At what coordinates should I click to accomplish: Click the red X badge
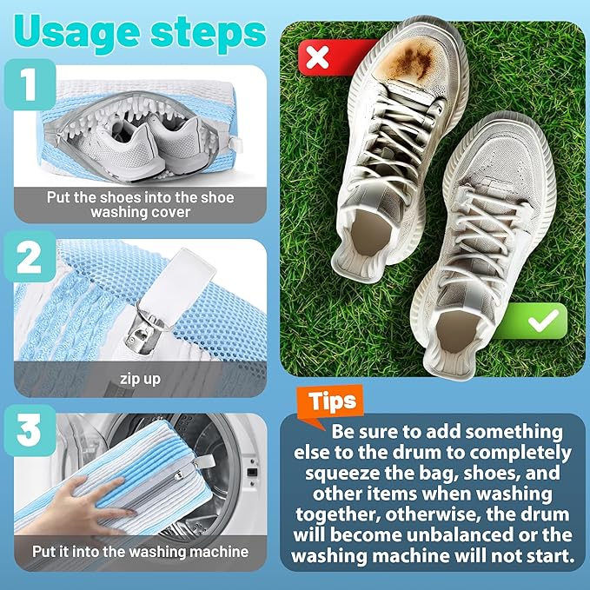(319, 57)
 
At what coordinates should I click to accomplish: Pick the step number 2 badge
(30, 259)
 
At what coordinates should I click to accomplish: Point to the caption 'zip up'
(140, 380)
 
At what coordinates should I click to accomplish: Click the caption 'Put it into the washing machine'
(140, 551)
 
